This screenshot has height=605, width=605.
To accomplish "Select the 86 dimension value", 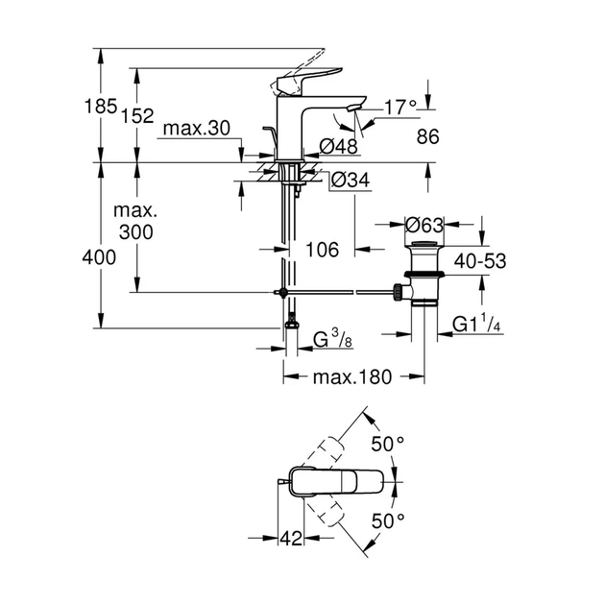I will point(427,137).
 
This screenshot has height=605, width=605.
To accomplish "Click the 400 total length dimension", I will point(100,256).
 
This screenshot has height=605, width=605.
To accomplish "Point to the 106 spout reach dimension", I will point(322,250).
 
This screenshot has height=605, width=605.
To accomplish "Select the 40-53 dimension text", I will point(481,260).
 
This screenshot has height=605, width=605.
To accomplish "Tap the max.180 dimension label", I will point(352,376).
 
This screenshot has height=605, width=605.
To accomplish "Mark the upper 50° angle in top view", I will point(388,444).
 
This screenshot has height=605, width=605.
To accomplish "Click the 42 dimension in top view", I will point(290,539).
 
